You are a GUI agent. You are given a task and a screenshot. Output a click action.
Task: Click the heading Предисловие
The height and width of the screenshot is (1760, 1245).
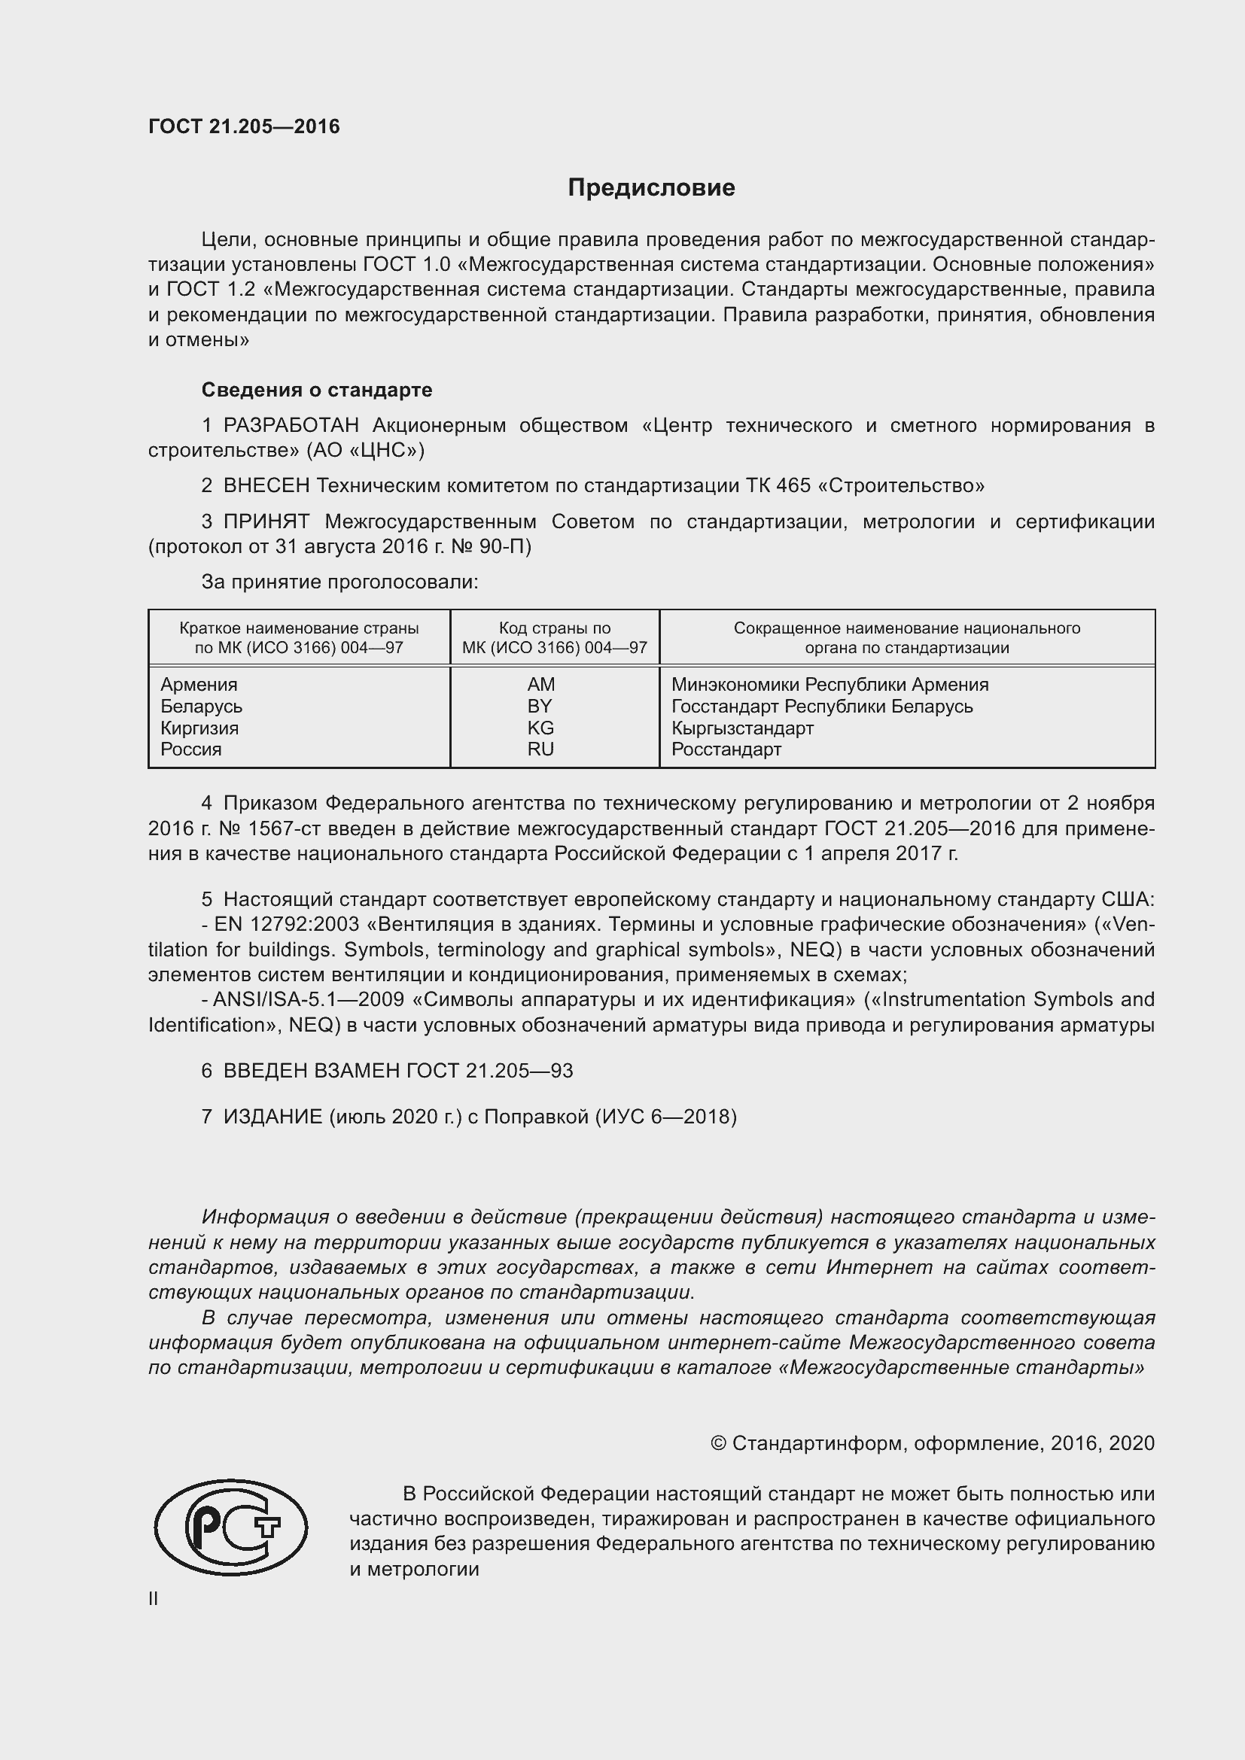pos(651,188)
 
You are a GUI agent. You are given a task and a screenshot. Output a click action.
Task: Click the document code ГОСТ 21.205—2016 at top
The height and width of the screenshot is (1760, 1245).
pos(244,127)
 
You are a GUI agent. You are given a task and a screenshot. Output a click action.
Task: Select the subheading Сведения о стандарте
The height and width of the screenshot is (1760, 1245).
pos(317,391)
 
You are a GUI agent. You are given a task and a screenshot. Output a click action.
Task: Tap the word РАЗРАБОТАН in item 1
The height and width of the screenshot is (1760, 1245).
pos(291,425)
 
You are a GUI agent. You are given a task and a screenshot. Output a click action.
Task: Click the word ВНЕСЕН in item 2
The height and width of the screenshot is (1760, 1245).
pos(266,485)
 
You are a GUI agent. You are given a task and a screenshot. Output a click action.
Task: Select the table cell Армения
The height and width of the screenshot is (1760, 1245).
pos(199,685)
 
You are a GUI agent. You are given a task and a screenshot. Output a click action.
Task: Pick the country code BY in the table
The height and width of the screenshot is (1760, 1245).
pos(540,706)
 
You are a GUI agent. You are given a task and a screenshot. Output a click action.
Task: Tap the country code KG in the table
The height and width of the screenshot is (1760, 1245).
pos(540,728)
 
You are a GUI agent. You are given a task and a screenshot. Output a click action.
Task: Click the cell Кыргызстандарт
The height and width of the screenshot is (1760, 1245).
pos(742,728)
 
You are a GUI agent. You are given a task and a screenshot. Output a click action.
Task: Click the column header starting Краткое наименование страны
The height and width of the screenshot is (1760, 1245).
pos(299,638)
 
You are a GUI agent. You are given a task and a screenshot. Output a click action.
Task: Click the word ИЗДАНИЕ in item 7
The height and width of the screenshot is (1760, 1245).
pos(273,1117)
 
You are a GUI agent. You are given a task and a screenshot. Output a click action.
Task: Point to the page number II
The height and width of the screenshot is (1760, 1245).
pos(154,1599)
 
